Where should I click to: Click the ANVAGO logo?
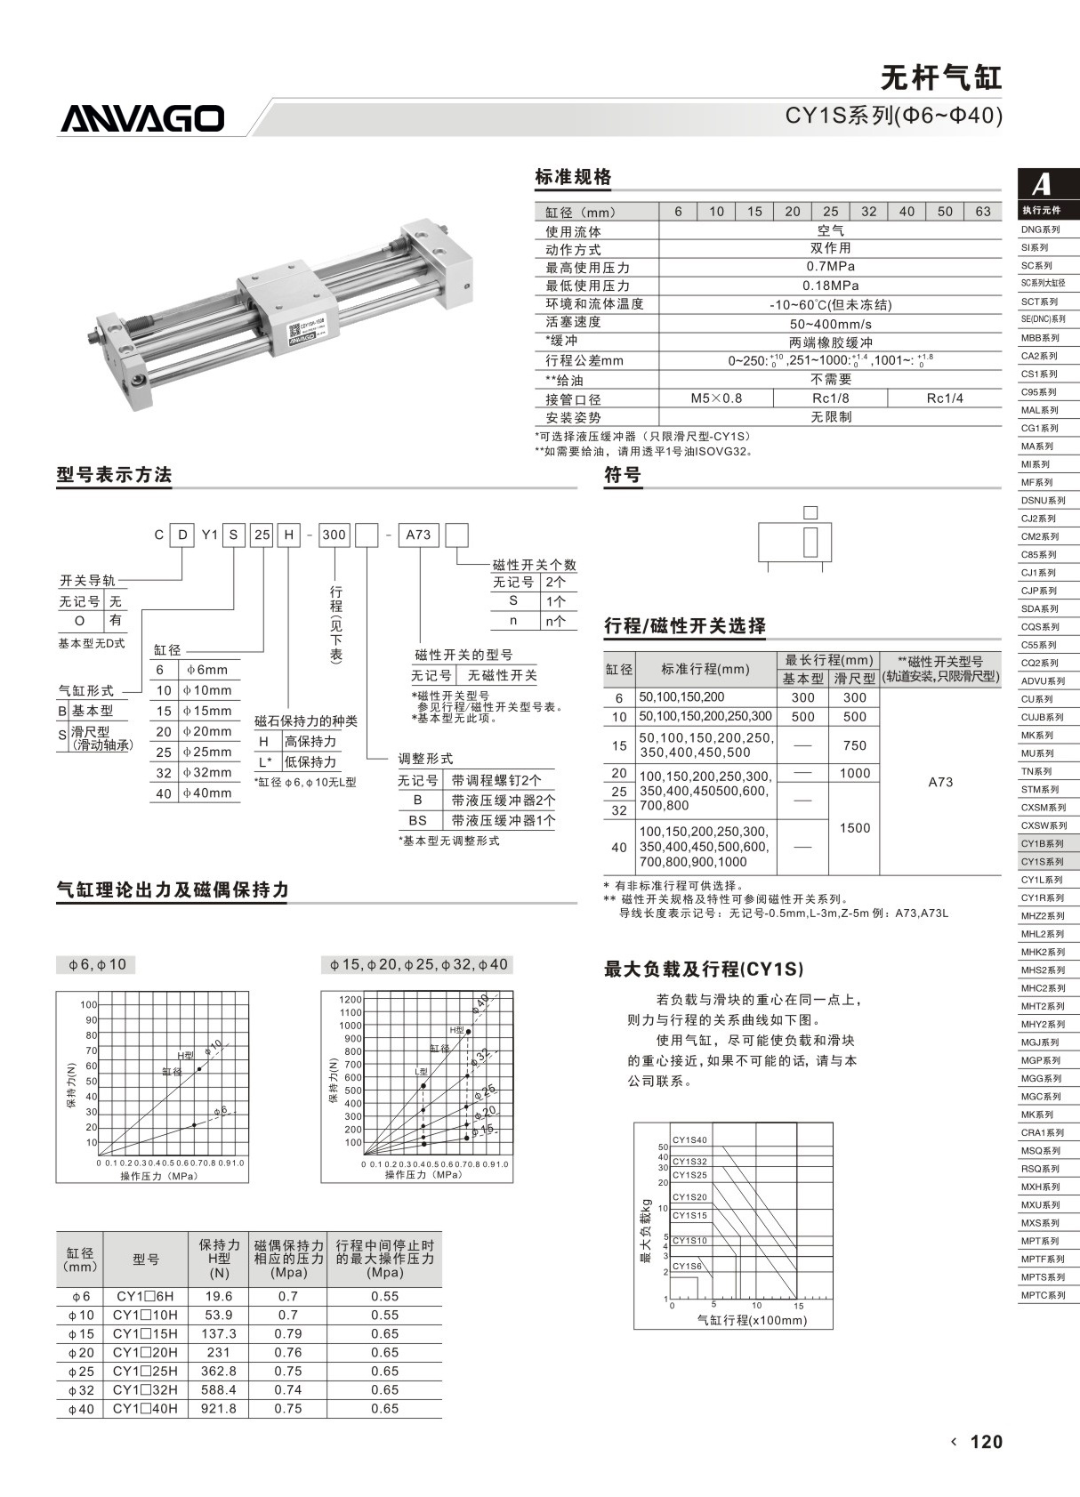click(x=142, y=119)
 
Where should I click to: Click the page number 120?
click(x=986, y=1442)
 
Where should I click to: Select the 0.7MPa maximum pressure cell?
click(x=830, y=267)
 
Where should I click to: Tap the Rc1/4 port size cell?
click(x=944, y=398)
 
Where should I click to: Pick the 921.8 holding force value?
click(x=219, y=1408)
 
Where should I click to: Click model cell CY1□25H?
click(x=145, y=1371)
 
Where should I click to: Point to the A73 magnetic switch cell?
click(x=939, y=782)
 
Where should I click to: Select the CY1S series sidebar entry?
click(x=1042, y=861)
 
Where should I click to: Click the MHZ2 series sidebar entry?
click(x=1042, y=915)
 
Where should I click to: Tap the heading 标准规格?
click(x=573, y=177)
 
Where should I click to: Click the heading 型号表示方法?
click(x=114, y=475)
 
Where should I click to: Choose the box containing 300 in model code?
click(x=334, y=535)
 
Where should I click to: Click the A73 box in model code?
click(x=418, y=535)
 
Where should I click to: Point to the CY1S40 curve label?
click(x=689, y=1140)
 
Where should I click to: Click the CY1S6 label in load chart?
click(x=687, y=1266)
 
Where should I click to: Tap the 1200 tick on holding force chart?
click(x=351, y=999)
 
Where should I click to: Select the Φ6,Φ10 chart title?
click(x=95, y=964)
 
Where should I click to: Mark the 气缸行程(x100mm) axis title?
click(x=752, y=1320)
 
